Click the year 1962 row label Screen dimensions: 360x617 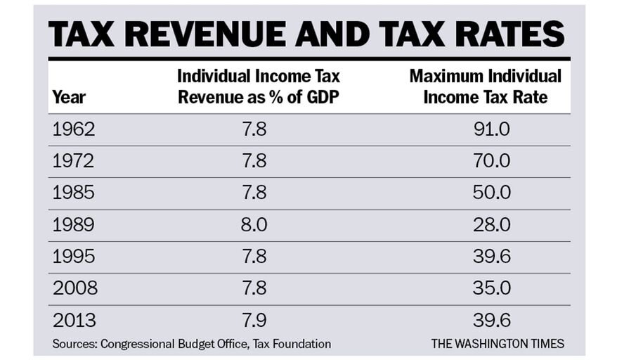tap(74, 129)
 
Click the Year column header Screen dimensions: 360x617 tap(69, 97)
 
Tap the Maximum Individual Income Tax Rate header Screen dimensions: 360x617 tap(486, 86)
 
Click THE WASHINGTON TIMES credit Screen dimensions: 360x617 tap(497, 344)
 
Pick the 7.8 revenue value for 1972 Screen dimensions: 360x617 tap(254, 161)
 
